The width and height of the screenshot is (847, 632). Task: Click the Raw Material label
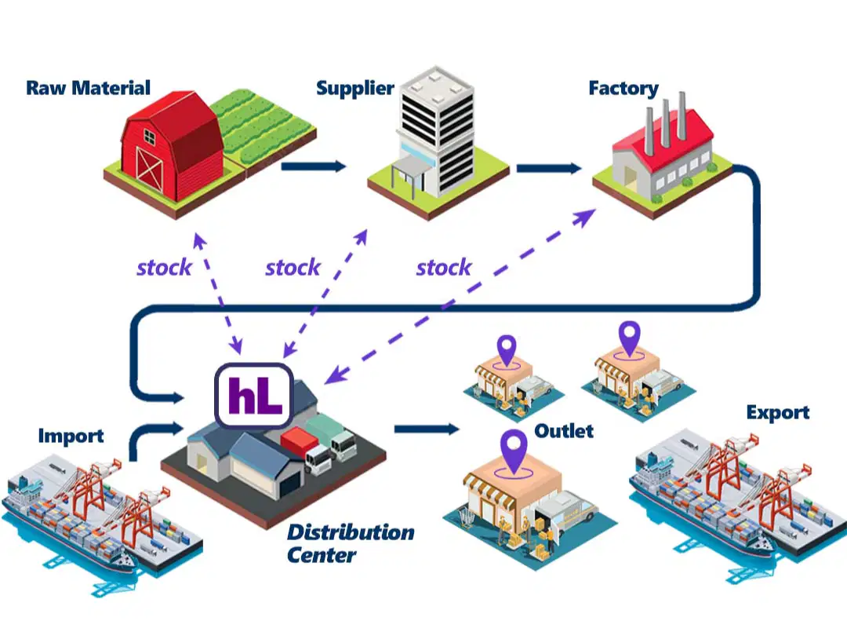click(x=88, y=88)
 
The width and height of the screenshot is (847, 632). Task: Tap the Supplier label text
click(x=355, y=88)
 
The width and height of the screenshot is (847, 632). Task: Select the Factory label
click(x=623, y=88)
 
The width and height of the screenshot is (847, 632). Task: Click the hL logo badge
click(x=254, y=395)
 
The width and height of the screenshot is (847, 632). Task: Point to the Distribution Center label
click(x=351, y=543)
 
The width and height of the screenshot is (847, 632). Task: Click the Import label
click(x=71, y=436)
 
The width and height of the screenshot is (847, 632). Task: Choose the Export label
click(x=778, y=412)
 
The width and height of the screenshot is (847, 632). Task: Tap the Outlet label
click(x=564, y=431)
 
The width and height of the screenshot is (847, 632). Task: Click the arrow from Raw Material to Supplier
click(x=313, y=166)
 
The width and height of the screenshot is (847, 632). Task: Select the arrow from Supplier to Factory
click(x=549, y=168)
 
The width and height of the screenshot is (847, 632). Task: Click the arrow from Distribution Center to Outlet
click(x=427, y=429)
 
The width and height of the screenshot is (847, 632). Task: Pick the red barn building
click(x=171, y=144)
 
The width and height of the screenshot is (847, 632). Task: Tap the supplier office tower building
click(x=437, y=133)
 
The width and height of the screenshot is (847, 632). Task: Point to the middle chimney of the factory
click(x=666, y=122)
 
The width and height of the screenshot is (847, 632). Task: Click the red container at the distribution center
click(x=299, y=440)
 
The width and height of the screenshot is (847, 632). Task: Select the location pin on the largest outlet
click(x=514, y=452)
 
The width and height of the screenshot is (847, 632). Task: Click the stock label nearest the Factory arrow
click(x=444, y=268)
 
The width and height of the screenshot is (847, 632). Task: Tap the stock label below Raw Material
click(x=164, y=268)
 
